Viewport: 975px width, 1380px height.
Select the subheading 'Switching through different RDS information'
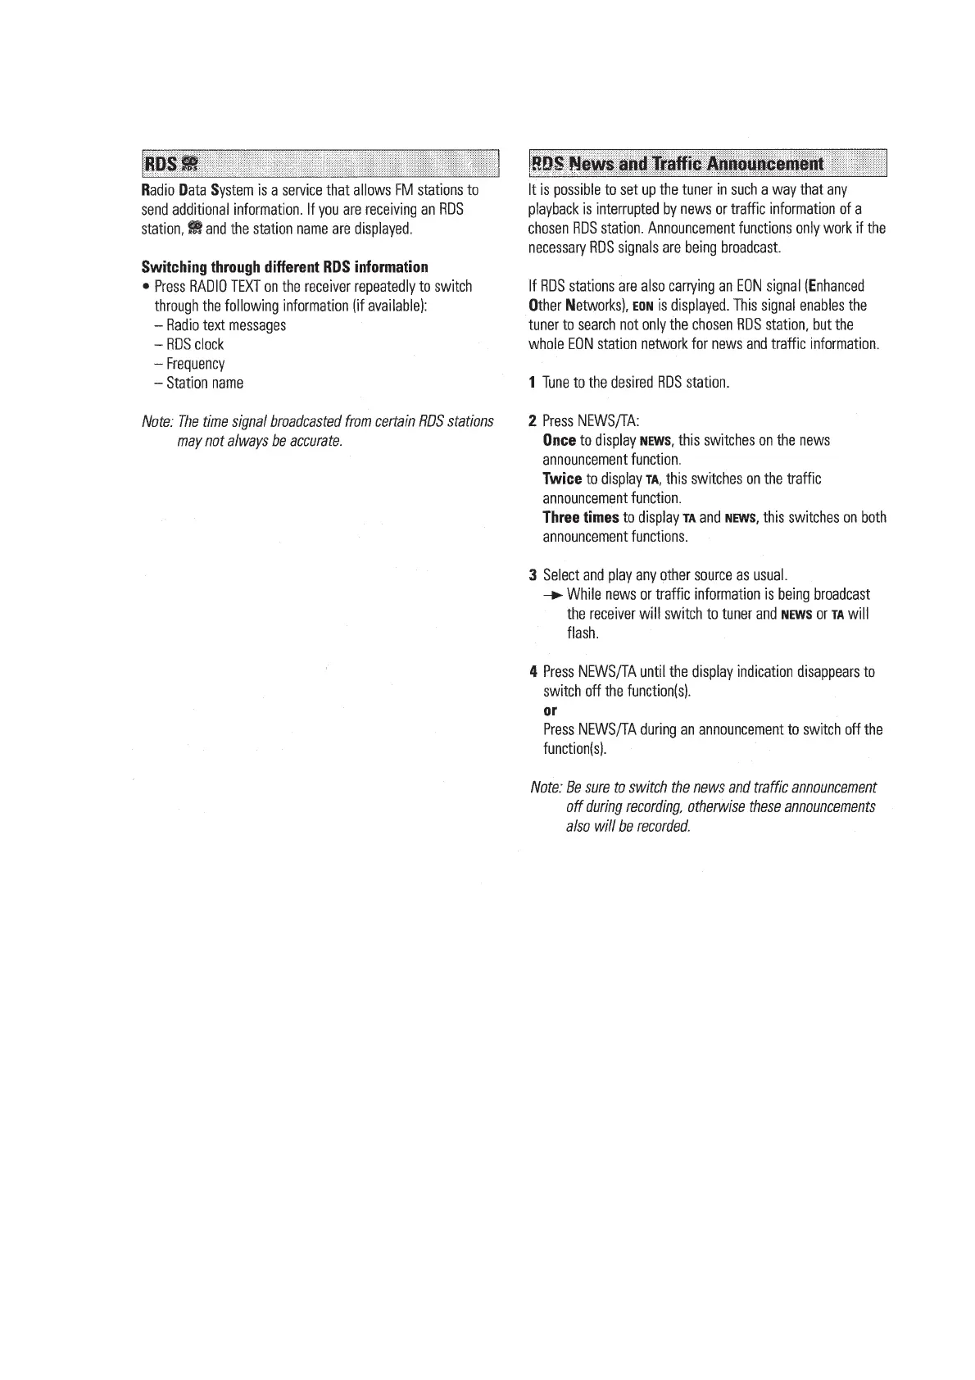(x=284, y=267)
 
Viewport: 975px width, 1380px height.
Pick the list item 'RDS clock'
(x=194, y=345)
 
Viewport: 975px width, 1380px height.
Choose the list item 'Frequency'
(x=195, y=364)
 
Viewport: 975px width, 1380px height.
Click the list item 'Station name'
(x=204, y=383)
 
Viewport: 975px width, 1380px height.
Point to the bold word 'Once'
(x=559, y=441)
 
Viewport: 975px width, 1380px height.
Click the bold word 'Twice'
(x=562, y=479)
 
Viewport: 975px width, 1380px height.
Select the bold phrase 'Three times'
(x=581, y=518)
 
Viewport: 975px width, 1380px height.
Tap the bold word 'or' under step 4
(x=550, y=710)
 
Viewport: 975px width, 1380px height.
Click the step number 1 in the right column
(x=533, y=383)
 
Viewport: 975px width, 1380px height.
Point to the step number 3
(x=533, y=574)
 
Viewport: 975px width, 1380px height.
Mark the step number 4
(x=533, y=672)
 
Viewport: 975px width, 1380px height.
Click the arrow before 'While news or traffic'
(x=554, y=595)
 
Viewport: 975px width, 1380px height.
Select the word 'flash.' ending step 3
(x=583, y=633)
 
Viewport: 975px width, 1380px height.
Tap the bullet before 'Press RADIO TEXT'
(x=145, y=288)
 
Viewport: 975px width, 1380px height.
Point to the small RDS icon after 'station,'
(x=193, y=229)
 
